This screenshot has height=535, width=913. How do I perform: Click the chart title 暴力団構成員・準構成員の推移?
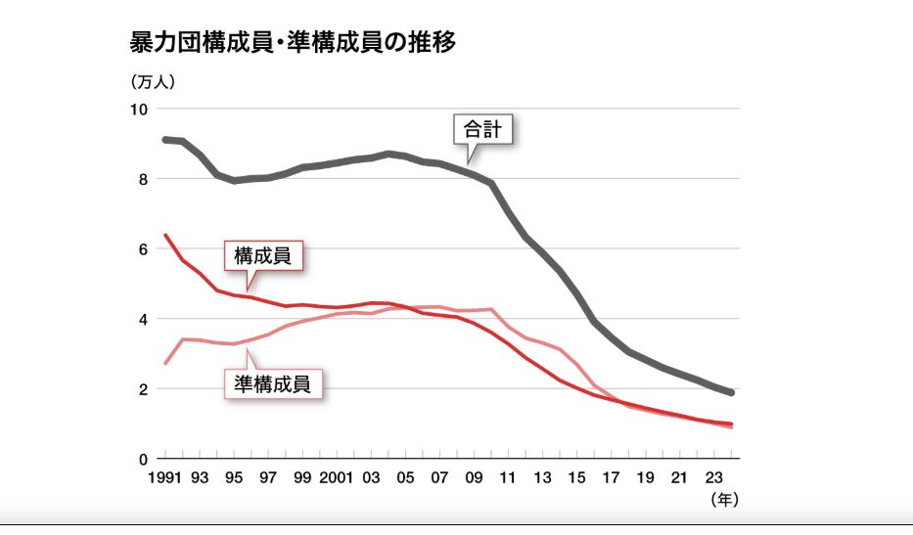[x=293, y=43]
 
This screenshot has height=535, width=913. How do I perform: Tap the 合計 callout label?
[x=482, y=130]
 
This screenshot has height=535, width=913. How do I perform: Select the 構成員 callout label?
[x=263, y=256]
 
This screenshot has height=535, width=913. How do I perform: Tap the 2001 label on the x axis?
[x=336, y=479]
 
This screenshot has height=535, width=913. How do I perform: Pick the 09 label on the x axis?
[x=474, y=479]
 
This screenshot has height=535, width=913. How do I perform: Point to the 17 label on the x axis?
[x=612, y=479]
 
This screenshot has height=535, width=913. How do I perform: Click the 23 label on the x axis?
[x=714, y=479]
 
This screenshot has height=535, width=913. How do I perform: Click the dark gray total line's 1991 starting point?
[x=164, y=140]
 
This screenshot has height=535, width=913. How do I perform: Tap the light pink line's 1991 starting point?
[x=164, y=364]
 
